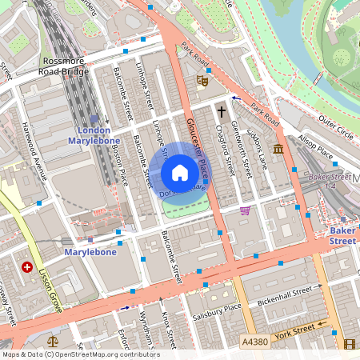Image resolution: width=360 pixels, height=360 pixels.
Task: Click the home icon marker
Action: (180, 173)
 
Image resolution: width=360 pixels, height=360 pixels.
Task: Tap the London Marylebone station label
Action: (94, 135)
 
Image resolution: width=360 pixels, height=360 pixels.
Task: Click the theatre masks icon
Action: (202, 80)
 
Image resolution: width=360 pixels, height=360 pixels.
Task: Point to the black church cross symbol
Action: (222, 112)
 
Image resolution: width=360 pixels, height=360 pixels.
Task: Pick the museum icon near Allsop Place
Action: (278, 150)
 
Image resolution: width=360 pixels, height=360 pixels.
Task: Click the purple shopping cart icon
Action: (245, 210)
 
